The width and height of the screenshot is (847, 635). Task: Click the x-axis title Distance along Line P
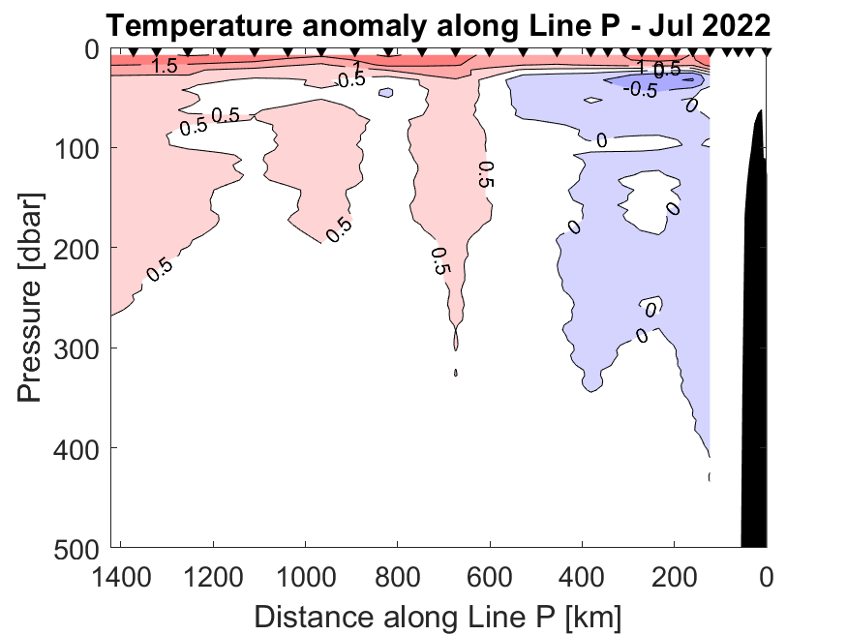[x=438, y=615]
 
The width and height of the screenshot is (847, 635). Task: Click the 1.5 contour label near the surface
[x=165, y=66]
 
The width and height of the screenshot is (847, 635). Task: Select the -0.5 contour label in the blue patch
[x=640, y=89]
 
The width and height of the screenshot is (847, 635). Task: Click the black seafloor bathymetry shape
[x=754, y=339]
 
